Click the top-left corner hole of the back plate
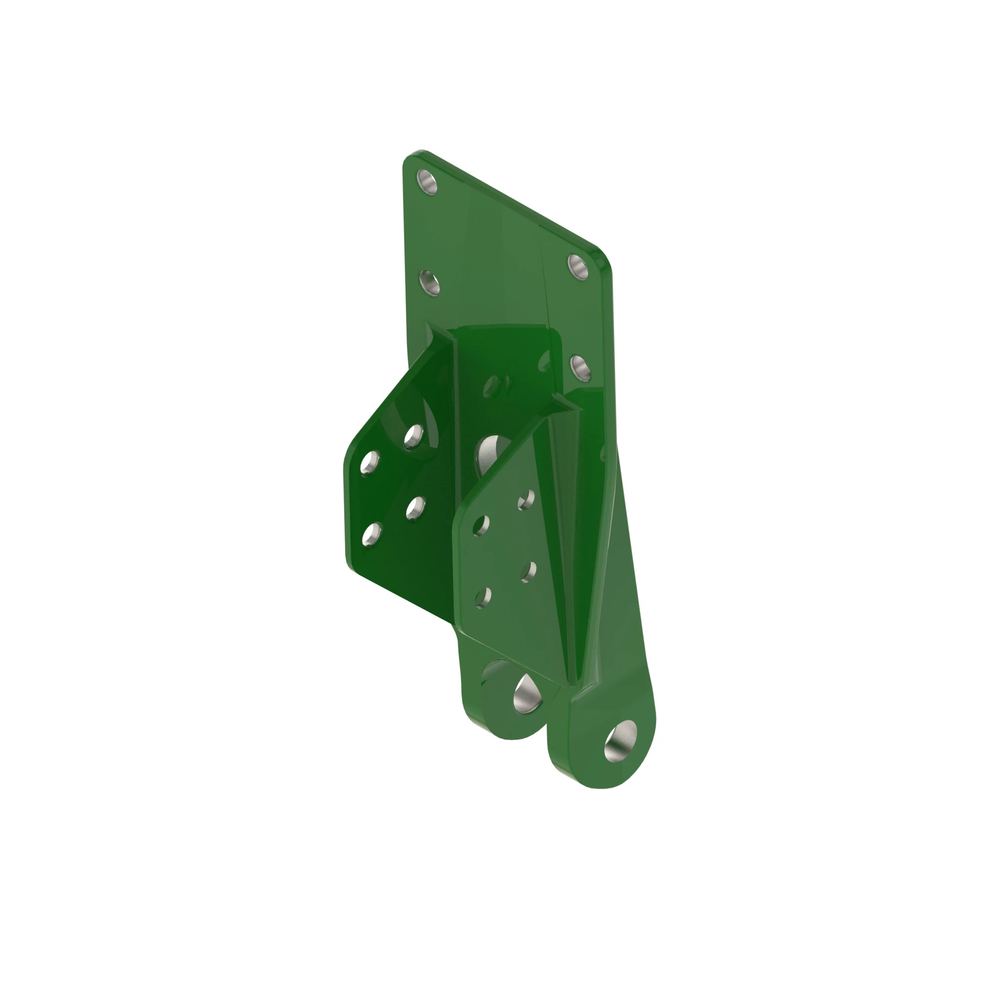coord(427,182)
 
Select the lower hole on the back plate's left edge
coord(429,282)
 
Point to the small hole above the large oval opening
coord(493,385)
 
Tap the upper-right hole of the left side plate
coord(413,437)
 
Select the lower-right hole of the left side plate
coord(415,508)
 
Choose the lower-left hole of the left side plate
coord(372,534)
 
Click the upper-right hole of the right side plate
coord(526,499)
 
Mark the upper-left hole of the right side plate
coord(482,525)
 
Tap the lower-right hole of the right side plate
coord(528,572)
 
